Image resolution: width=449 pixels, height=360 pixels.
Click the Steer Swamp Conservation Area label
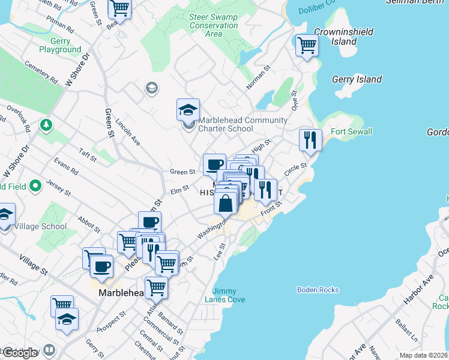213,25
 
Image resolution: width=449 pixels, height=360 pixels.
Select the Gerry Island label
357,79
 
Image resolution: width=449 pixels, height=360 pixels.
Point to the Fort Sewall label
351,131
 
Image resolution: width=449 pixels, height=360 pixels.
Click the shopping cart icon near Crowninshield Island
307,45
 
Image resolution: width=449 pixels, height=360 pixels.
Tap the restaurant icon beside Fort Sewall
310,140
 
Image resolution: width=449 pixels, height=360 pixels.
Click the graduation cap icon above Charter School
188,110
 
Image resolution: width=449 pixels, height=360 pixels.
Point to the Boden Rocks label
318,290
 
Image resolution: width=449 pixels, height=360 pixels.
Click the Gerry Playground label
61,46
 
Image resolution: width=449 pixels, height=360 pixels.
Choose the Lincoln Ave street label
128,131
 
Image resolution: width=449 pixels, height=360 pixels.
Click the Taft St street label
88,155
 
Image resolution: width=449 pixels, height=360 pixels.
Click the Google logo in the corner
20,353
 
